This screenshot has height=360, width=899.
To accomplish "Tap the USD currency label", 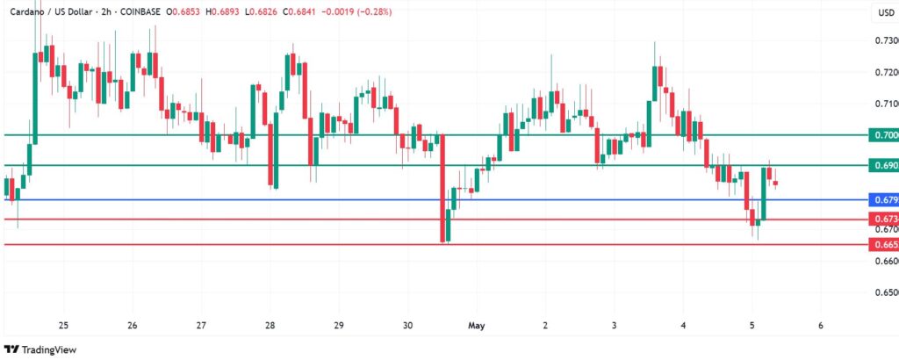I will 884,12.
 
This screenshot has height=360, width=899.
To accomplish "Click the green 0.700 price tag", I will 881,135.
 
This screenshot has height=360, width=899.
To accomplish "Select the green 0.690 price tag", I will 881,165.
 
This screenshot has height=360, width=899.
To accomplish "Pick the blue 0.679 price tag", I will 881,200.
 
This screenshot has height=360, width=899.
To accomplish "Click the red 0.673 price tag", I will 881,219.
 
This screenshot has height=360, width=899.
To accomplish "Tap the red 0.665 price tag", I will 881,243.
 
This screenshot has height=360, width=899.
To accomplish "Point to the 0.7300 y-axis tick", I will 884,41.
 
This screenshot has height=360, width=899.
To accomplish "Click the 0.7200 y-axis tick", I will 884,73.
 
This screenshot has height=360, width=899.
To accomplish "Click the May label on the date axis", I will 477,325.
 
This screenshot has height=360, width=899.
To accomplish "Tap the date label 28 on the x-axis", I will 270,325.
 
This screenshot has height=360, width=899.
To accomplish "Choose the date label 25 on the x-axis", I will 62,325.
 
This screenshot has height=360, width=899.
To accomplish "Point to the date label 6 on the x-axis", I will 820,325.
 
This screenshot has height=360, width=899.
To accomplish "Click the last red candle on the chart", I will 775,184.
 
